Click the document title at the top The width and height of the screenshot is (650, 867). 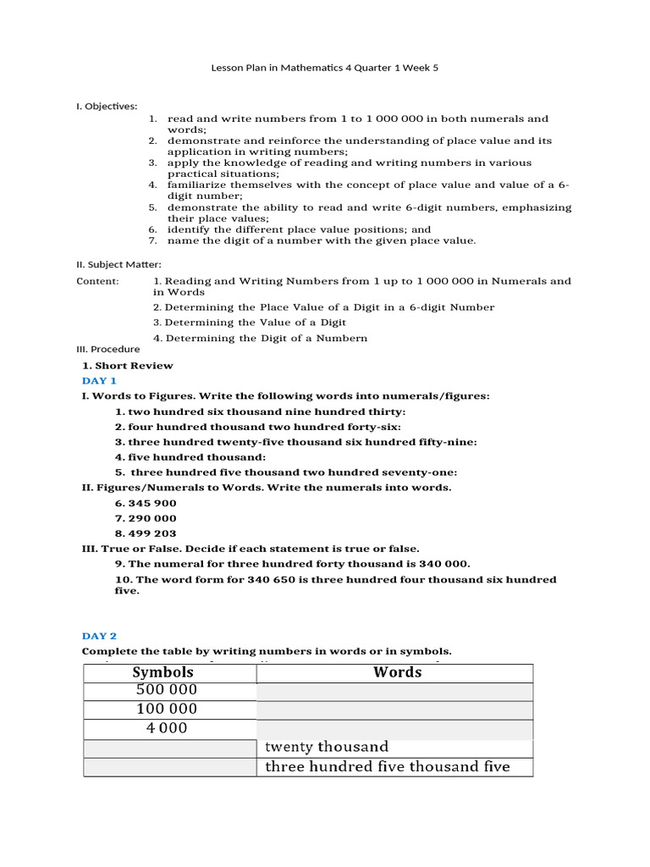point(324,68)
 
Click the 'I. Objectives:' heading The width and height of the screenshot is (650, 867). point(107,106)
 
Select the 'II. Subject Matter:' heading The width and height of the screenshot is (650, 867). point(118,264)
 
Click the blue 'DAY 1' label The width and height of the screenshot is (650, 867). point(99,381)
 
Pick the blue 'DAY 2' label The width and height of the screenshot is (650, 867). point(99,635)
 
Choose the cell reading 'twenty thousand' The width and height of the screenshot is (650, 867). point(326,747)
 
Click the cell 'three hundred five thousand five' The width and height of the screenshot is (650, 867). point(387,766)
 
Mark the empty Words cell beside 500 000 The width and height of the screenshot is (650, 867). point(394,691)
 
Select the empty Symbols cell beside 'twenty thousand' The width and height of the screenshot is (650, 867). point(169,748)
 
